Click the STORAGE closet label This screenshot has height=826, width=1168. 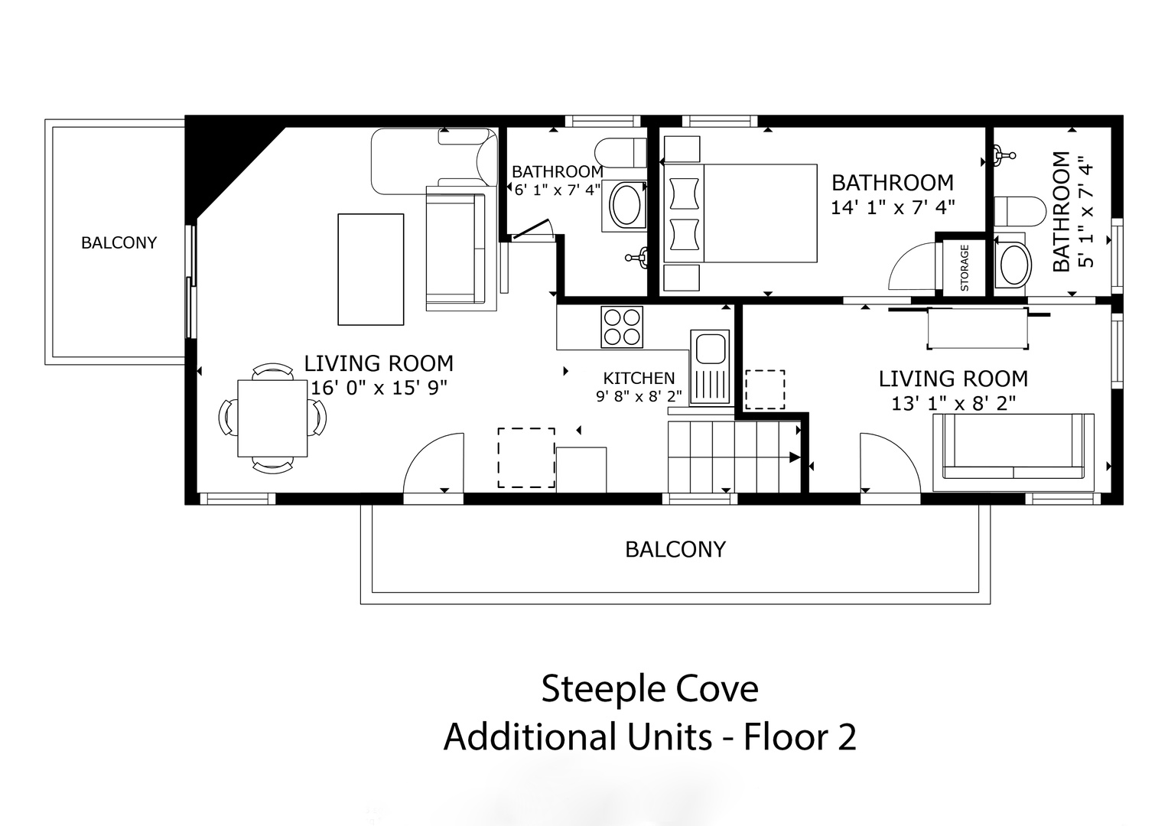[964, 268]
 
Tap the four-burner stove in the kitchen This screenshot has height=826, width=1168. [622, 327]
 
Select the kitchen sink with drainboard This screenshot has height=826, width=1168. [710, 368]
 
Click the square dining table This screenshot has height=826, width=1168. [272, 418]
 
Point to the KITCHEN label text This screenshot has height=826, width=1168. [639, 378]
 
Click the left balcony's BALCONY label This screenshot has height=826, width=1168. [119, 242]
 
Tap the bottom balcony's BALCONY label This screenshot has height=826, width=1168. [675, 549]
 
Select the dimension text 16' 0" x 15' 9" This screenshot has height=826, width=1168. [379, 388]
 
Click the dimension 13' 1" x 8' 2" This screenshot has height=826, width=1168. [954, 403]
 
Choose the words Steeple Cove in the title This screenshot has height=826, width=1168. [649, 688]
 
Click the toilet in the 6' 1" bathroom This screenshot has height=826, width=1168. [621, 151]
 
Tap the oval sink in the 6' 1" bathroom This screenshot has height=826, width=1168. [625, 206]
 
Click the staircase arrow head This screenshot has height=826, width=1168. [795, 457]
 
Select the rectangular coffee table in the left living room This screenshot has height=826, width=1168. [371, 269]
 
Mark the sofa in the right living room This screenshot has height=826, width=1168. [1013, 452]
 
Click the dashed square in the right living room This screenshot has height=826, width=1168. [765, 389]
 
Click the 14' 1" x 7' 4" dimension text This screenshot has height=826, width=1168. [893, 207]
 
